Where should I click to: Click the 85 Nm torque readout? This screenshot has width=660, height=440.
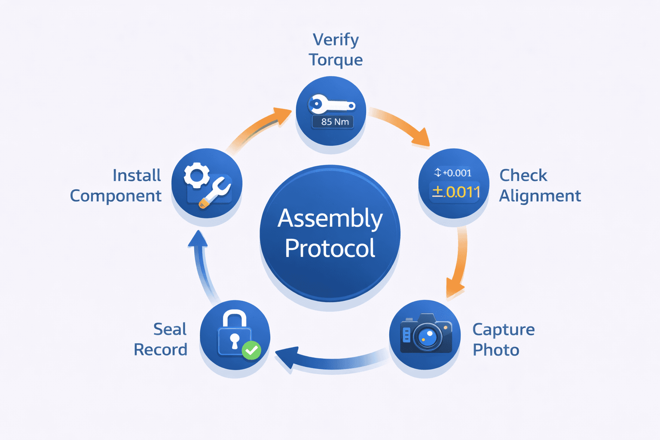(332, 122)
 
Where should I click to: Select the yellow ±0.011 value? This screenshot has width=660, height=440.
(456, 192)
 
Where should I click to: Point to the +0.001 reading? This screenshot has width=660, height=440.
(453, 173)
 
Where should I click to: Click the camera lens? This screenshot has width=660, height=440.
(427, 336)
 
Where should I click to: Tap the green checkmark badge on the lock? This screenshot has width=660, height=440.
(251, 350)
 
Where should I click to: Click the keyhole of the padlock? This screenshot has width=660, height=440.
(235, 339)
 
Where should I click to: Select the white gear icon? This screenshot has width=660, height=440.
(197, 175)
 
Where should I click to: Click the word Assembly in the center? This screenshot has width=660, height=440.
(330, 218)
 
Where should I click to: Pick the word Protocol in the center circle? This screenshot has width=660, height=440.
(330, 248)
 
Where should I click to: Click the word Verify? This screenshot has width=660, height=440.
(336, 40)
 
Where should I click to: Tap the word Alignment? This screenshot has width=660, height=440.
(540, 196)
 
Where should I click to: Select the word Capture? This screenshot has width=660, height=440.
(504, 330)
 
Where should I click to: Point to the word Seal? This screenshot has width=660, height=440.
(170, 329)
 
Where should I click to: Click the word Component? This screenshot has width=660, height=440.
(116, 196)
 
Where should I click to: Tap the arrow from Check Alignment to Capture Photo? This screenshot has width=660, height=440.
(459, 262)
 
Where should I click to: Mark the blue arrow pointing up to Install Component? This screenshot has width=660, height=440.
(202, 266)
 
